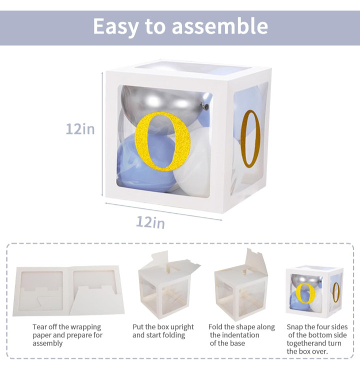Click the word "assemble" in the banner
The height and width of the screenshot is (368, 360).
coord(220,26)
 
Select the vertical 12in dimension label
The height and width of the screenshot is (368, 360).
coord(80,129)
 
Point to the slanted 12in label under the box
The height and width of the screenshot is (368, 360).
coord(150,222)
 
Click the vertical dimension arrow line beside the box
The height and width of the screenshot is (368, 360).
coord(102,134)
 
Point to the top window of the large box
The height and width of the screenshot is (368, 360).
coord(191,69)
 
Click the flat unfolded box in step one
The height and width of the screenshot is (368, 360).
coord(68,291)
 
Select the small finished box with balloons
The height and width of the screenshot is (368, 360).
coord(314,291)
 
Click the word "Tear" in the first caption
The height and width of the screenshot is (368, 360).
coord(39,326)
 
